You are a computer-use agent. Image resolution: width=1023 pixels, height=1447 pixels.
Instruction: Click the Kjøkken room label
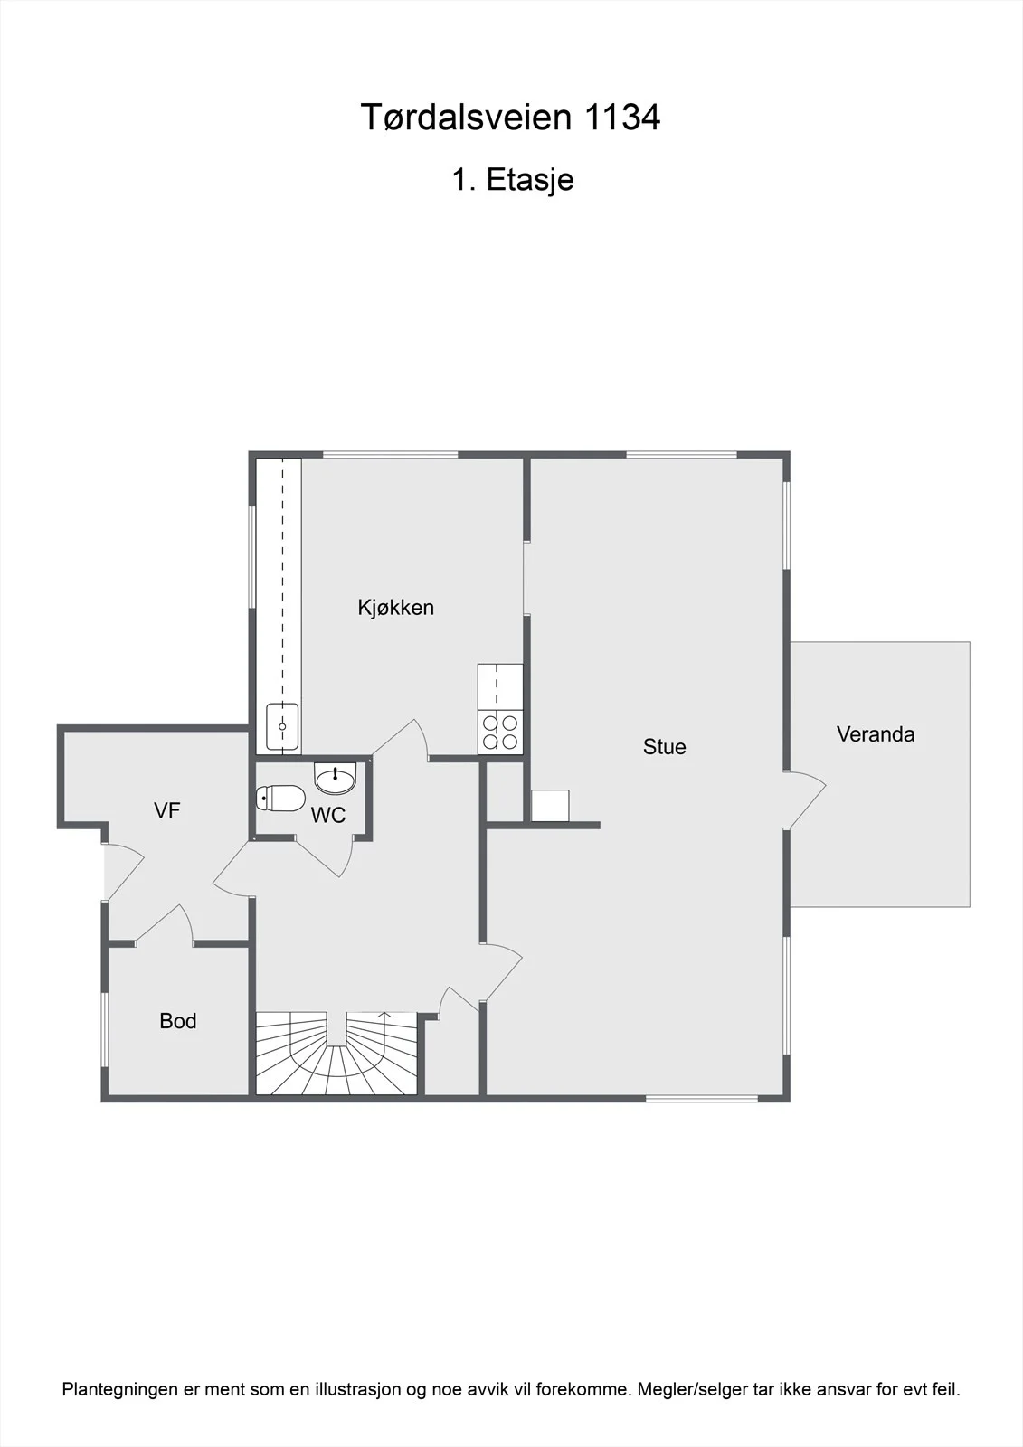pyautogui.click(x=395, y=608)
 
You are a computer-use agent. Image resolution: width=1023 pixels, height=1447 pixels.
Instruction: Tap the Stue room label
pyautogui.click(x=664, y=747)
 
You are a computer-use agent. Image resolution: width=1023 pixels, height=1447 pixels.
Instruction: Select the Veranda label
pyautogui.click(x=876, y=733)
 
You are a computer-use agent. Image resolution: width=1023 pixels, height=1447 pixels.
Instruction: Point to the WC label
pyautogui.click(x=328, y=815)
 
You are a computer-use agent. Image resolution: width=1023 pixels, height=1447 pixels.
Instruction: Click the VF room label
pyautogui.click(x=166, y=810)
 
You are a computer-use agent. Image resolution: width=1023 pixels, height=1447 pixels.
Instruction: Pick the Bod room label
pyautogui.click(x=177, y=1021)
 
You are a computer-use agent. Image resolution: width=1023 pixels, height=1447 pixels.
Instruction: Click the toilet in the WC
pyautogui.click(x=280, y=799)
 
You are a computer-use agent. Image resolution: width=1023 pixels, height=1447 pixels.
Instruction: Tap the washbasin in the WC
pyautogui.click(x=336, y=779)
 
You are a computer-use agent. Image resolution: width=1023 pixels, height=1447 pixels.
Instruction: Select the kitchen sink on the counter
pyautogui.click(x=282, y=727)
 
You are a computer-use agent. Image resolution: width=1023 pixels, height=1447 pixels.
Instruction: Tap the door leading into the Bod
pyautogui.click(x=165, y=923)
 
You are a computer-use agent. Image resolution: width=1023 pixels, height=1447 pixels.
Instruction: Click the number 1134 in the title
pyautogui.click(x=622, y=118)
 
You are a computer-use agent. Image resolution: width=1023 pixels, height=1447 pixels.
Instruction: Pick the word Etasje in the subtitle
pyautogui.click(x=530, y=180)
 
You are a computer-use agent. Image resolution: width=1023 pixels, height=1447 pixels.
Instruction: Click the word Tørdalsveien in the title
pyautogui.click(x=468, y=118)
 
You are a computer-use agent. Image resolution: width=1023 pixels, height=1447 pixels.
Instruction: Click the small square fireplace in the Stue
pyautogui.click(x=550, y=806)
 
